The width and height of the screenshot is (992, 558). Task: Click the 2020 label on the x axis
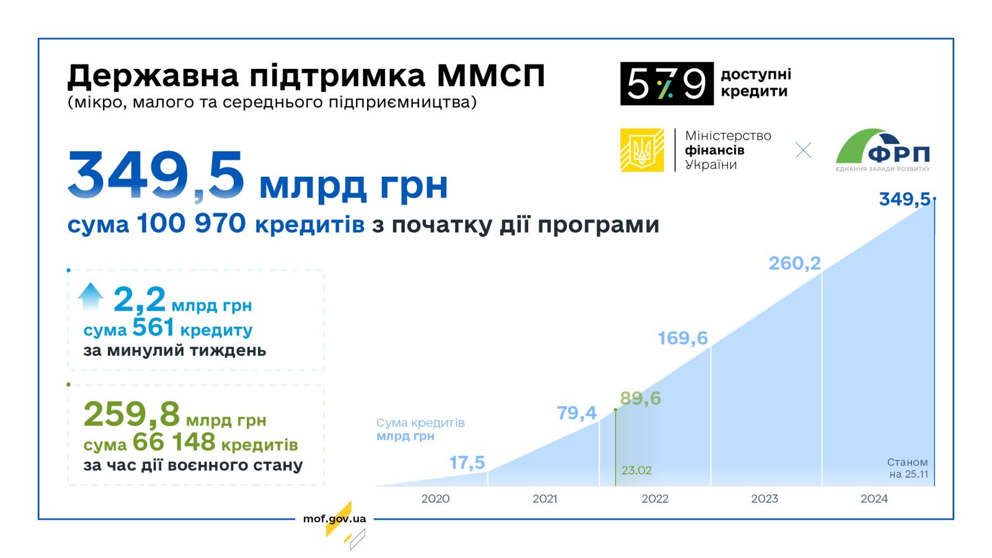pyautogui.click(x=435, y=498)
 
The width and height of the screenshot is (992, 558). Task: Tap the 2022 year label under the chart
pyautogui.click(x=655, y=498)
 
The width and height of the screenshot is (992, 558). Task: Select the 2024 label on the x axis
pyautogui.click(x=874, y=498)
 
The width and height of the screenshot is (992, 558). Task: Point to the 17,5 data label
pyautogui.click(x=467, y=463)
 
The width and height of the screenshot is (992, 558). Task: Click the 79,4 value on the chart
pyautogui.click(x=577, y=413)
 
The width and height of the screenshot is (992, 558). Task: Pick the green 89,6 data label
pyautogui.click(x=640, y=398)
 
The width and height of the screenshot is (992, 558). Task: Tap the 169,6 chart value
pyautogui.click(x=683, y=339)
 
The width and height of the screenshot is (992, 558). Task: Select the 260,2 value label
pyautogui.click(x=795, y=263)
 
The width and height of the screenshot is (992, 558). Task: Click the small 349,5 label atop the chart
pyautogui.click(x=905, y=199)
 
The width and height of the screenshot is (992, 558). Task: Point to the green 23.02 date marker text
pyautogui.click(x=636, y=471)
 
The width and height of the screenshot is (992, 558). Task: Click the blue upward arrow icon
pyautogui.click(x=91, y=296)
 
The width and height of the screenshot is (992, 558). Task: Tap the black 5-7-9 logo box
pyautogui.click(x=667, y=84)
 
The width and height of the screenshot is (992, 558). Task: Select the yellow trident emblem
pyautogui.click(x=642, y=150)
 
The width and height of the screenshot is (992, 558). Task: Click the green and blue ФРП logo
pyautogui.click(x=883, y=150)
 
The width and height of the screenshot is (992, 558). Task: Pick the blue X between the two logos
pyautogui.click(x=804, y=150)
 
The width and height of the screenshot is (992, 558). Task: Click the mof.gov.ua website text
pyautogui.click(x=334, y=518)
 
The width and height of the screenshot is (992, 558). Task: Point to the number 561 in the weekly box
pyautogui.click(x=153, y=328)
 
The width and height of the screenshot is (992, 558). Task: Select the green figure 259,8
pyautogui.click(x=131, y=415)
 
